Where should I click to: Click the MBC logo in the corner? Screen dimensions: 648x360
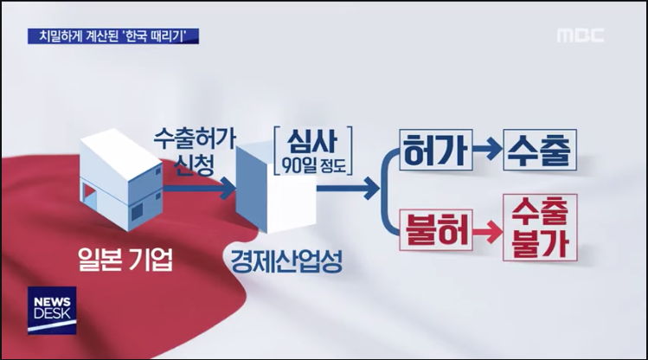point(581,36)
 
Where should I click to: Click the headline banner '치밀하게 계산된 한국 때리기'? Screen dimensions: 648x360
point(113,35)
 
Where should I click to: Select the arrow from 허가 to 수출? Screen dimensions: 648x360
point(488,151)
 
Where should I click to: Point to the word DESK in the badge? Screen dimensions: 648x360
point(51,318)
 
